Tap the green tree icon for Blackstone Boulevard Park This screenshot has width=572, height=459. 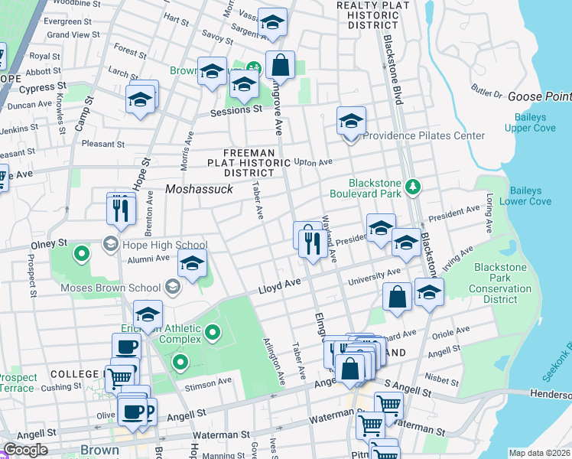[413, 186]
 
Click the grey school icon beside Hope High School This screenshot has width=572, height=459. [110, 245]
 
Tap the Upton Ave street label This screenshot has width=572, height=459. [314, 162]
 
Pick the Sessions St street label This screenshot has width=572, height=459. [236, 110]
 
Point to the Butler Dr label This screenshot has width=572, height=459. [486, 94]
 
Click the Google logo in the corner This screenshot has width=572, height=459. [25, 450]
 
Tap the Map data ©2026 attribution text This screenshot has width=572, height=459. [539, 453]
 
